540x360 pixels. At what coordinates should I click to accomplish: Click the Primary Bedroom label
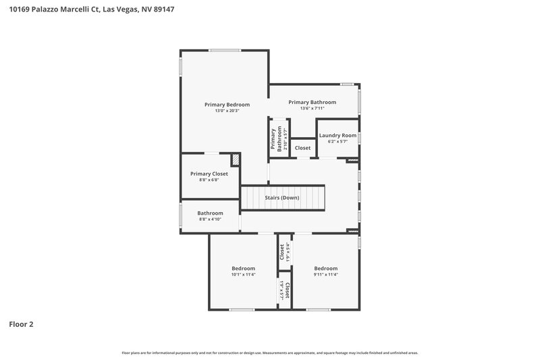(x=227, y=105)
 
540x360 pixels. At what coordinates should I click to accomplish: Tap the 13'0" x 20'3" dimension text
(x=227, y=111)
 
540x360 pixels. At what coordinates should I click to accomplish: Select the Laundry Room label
(x=337, y=135)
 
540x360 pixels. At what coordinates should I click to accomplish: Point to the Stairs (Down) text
(x=282, y=198)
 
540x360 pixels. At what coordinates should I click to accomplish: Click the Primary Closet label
(x=209, y=174)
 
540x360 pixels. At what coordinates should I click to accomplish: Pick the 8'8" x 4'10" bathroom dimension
(x=210, y=220)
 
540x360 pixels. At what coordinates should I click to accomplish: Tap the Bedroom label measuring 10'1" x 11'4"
(x=243, y=268)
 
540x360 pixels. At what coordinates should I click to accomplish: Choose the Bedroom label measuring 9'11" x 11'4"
(x=325, y=268)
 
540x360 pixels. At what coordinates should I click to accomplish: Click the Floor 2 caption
(x=21, y=324)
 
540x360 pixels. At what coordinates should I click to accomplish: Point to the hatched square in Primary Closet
(x=236, y=160)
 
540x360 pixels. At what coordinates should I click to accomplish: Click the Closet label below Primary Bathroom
(x=302, y=148)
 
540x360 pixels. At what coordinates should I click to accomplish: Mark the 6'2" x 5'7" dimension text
(x=337, y=142)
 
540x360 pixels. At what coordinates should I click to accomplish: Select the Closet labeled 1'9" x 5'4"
(x=283, y=252)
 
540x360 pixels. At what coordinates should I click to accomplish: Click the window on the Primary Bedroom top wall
(x=224, y=50)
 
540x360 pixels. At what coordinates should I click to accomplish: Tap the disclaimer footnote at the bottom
(x=269, y=353)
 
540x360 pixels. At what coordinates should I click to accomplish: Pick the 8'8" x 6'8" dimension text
(x=209, y=180)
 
